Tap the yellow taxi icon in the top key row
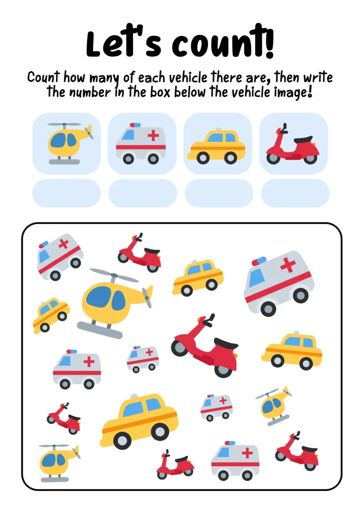[217, 145]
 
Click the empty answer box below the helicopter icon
[67, 193]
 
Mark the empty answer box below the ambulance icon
[142, 193]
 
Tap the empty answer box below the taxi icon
[219, 193]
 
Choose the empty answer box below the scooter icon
[295, 193]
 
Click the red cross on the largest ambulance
[288, 265]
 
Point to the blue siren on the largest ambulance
[259, 261]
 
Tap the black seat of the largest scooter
[226, 343]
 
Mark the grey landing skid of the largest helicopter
[99, 329]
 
